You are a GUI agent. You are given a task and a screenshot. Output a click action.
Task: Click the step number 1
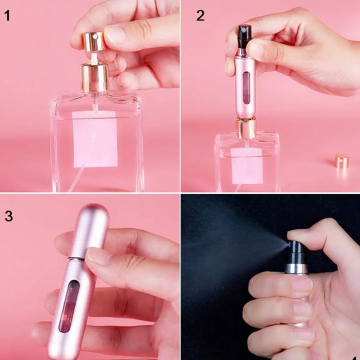(x=7, y=16)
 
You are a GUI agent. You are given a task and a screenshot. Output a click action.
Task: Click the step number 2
(x=200, y=16)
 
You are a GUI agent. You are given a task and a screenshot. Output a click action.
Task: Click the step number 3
(x=9, y=216)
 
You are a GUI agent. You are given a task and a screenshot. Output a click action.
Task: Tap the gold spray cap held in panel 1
(x=94, y=41)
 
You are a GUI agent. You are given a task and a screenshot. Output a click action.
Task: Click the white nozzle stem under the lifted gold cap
(x=94, y=59)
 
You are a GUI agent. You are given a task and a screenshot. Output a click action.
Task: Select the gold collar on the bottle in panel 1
(x=95, y=77)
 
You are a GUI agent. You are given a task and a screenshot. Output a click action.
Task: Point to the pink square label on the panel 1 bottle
(x=95, y=139)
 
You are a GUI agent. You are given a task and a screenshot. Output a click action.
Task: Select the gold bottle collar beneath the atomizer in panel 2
(x=246, y=127)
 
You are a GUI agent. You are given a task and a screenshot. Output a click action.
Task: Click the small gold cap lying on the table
(x=342, y=161)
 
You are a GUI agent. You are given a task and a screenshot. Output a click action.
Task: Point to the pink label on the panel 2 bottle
(x=247, y=166)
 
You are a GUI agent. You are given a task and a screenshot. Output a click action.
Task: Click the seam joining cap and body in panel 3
(x=77, y=259)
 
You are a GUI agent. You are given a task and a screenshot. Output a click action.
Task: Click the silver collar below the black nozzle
(x=296, y=269)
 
